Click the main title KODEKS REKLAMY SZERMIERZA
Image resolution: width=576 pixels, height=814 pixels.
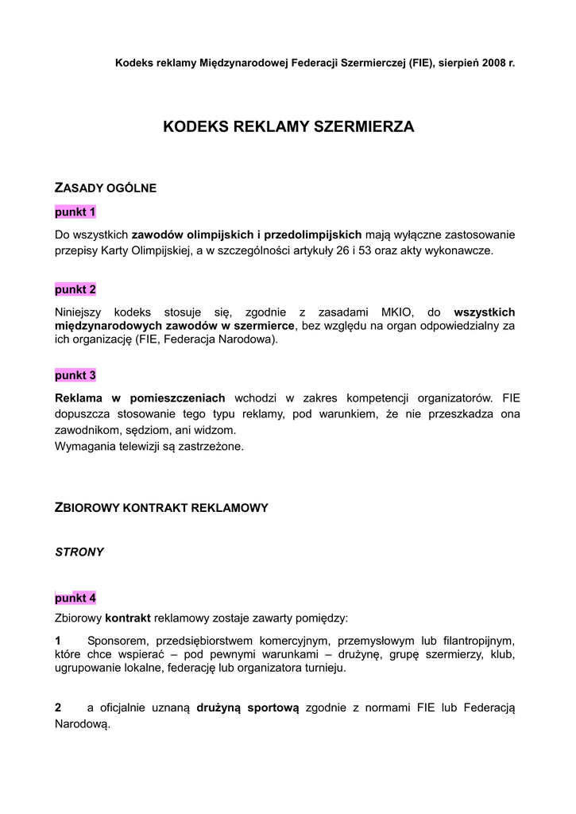point(288,126)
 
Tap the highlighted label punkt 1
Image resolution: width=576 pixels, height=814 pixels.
point(75,212)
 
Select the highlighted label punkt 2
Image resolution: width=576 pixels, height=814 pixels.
point(75,289)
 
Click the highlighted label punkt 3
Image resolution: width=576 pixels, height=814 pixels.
point(75,375)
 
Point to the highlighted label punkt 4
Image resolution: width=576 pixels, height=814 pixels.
point(75,598)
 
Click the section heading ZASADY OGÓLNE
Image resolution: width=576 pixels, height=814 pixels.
point(105,188)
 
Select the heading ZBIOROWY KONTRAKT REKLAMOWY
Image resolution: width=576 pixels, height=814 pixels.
point(160,507)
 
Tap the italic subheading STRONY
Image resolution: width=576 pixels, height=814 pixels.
point(79,552)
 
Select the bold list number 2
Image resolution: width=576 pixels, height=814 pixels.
point(58,708)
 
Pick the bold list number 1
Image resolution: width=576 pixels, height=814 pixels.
point(58,640)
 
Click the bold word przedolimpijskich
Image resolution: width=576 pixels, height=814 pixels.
point(312,235)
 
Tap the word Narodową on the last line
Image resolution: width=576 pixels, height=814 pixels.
point(80,725)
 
